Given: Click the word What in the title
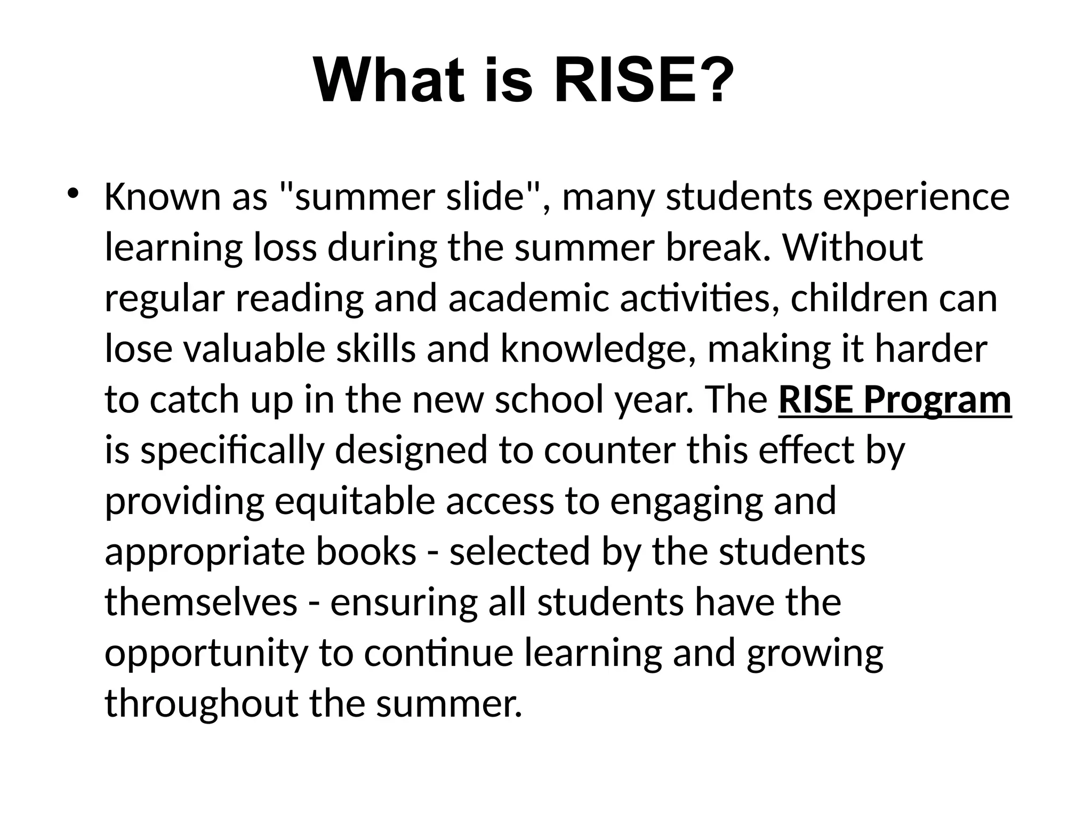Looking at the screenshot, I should [389, 81].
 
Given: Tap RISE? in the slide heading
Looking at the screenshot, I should [644, 81].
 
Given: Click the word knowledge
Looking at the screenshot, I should [592, 350].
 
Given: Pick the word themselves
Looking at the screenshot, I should [201, 603].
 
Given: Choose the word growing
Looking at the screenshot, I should [815, 654].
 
